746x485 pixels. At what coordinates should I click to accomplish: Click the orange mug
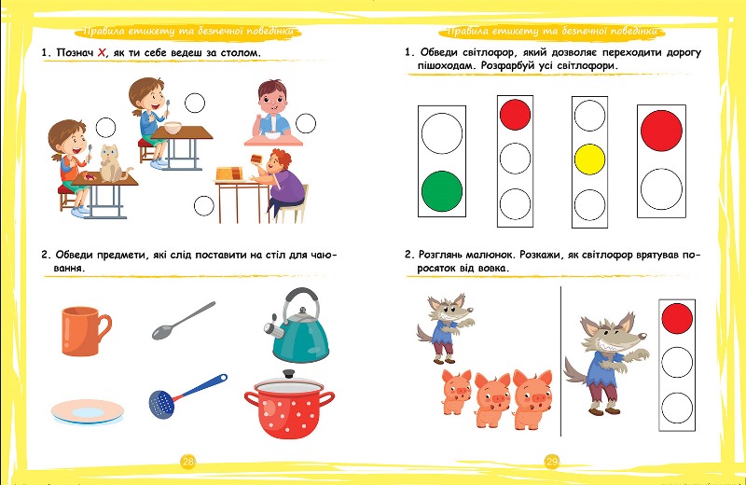(x=83, y=330)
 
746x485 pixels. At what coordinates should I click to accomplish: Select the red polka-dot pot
(x=289, y=406)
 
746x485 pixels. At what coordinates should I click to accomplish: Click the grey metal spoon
(x=183, y=320)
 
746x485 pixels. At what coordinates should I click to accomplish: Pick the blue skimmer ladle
(x=186, y=395)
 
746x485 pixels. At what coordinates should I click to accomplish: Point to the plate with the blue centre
(x=88, y=411)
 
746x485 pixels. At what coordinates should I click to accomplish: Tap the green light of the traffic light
(x=441, y=191)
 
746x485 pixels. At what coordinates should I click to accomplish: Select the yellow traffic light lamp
(x=589, y=159)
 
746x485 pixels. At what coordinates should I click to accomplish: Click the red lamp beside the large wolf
(x=677, y=318)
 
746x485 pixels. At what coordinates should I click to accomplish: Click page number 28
(x=188, y=461)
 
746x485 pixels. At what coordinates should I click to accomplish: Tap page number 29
(x=551, y=461)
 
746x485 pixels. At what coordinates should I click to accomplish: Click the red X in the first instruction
(x=102, y=52)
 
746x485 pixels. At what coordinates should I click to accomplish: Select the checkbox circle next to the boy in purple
(x=203, y=206)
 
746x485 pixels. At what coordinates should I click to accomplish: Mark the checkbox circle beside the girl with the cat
(x=105, y=128)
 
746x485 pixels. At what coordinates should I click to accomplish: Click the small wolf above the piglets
(x=444, y=328)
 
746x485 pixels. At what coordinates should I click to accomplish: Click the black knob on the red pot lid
(x=288, y=374)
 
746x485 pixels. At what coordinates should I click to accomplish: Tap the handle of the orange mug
(x=104, y=327)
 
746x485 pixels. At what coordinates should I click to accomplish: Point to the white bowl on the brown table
(x=173, y=128)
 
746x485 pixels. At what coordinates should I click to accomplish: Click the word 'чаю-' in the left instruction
(x=324, y=255)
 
